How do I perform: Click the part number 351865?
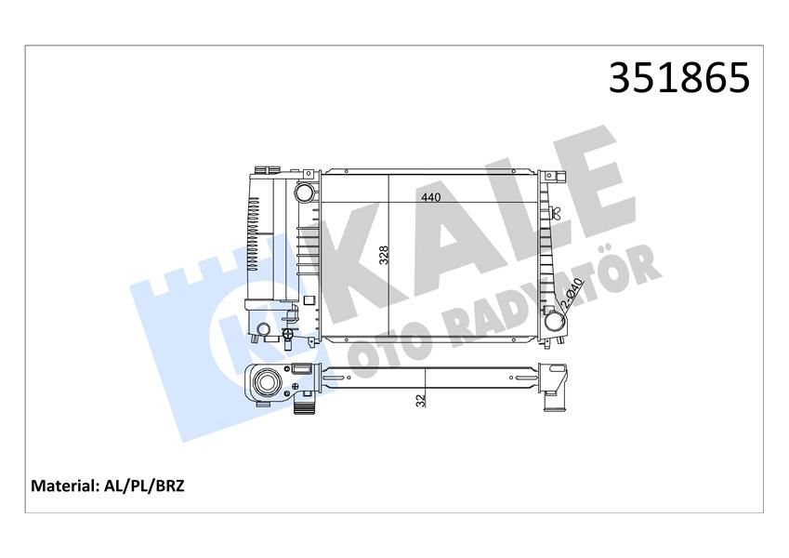click(x=678, y=78)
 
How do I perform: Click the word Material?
click(x=65, y=485)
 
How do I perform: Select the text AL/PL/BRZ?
click(x=146, y=485)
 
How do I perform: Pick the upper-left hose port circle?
click(x=304, y=193)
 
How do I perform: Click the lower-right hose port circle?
click(x=555, y=323)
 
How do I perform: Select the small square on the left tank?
click(x=310, y=299)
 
